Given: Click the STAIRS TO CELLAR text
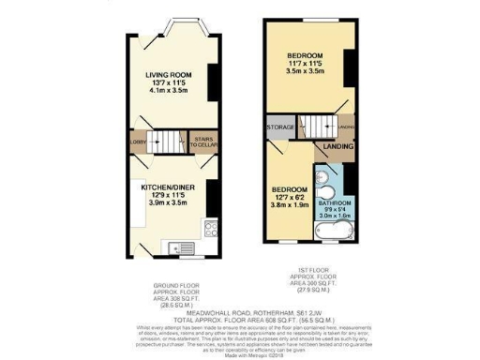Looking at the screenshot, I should tap(202, 143).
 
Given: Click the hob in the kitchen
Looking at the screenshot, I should tap(213, 228).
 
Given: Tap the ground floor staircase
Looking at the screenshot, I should tap(169, 142).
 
